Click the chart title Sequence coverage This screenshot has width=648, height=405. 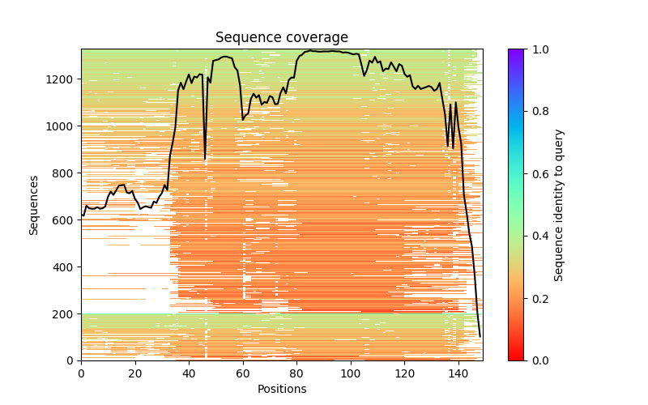click(x=281, y=37)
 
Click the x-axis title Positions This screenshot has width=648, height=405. click(x=281, y=389)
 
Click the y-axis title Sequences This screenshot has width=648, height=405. click(x=34, y=204)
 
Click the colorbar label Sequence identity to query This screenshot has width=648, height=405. click(x=559, y=204)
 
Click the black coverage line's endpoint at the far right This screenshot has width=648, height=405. click(x=480, y=336)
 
